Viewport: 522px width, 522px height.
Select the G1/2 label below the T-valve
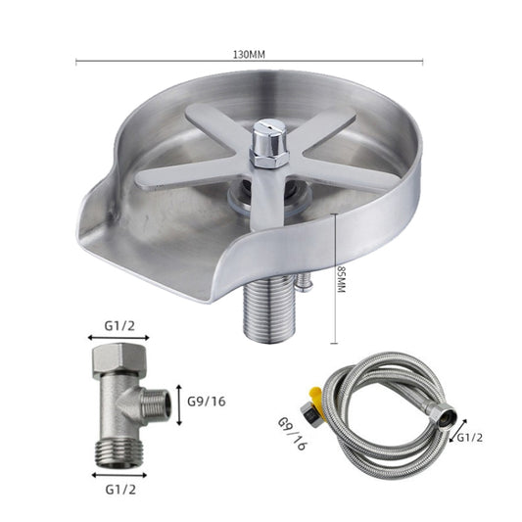[x=120, y=485]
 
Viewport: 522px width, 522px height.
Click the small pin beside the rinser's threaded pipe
[x=308, y=285]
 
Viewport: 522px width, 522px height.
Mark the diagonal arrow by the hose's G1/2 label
[x=453, y=435]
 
